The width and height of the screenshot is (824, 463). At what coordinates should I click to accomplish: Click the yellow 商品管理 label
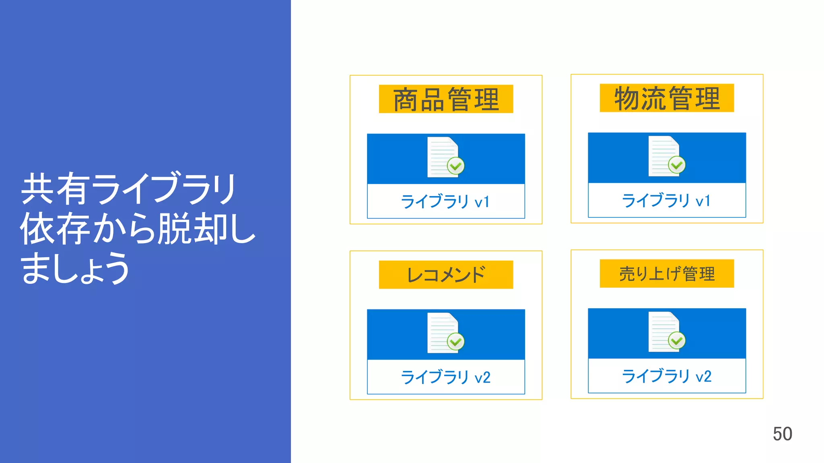click(446, 99)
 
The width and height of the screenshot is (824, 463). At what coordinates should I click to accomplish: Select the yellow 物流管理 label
click(667, 98)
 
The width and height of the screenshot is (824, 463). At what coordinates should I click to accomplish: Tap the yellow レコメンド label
click(446, 275)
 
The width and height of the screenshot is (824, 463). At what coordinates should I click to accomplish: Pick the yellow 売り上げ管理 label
click(667, 274)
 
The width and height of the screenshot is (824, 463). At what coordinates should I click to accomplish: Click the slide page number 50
click(782, 434)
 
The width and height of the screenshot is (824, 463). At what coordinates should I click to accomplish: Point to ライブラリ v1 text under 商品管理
click(445, 201)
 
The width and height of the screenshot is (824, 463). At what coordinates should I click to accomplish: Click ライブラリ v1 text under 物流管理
click(666, 200)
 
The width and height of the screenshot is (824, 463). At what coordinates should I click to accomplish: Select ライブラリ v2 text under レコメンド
click(445, 377)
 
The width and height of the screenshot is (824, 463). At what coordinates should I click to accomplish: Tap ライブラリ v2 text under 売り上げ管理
click(666, 376)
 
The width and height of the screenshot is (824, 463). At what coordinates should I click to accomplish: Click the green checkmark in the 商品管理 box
click(456, 166)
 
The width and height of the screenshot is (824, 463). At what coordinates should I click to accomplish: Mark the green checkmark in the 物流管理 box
click(677, 165)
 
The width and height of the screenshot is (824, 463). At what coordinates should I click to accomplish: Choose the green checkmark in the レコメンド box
click(456, 342)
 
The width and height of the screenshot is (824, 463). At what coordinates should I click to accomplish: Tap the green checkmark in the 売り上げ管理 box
click(677, 341)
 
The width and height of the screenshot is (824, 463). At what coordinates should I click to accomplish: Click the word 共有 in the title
click(54, 189)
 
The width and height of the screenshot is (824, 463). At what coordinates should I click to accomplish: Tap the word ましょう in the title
click(75, 268)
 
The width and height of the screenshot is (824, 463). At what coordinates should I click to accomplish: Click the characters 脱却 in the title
click(192, 229)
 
